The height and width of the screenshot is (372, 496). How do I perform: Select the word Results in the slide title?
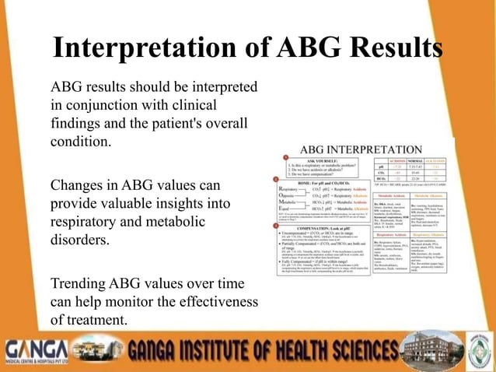tap(393, 48)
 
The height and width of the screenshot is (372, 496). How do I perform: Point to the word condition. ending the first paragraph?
tap(81, 142)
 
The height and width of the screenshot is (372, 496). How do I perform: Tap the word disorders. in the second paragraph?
tap(80, 240)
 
